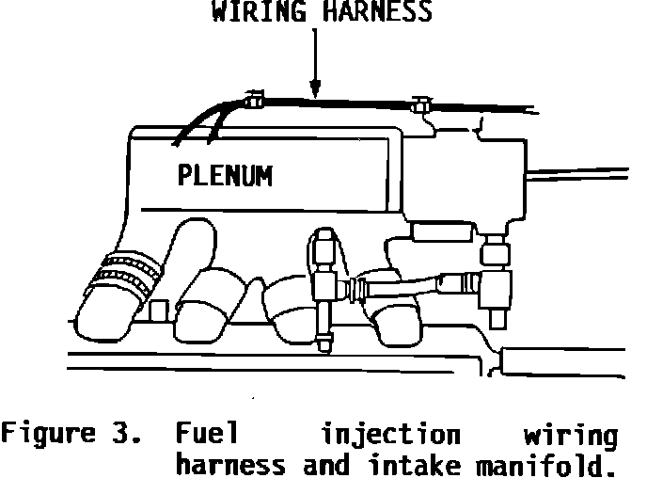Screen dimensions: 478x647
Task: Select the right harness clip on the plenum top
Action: (x=420, y=104)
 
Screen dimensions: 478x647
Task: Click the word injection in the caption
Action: (x=390, y=436)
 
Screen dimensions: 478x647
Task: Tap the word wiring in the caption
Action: (x=570, y=436)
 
